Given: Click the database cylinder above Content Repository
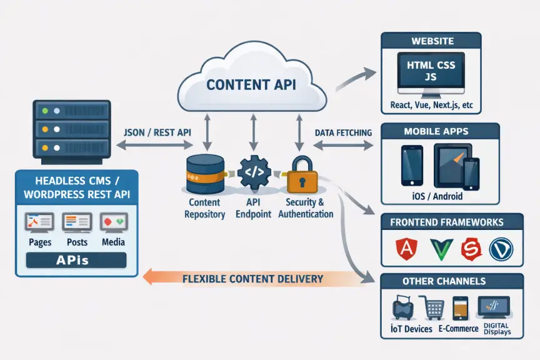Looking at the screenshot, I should click(x=204, y=174).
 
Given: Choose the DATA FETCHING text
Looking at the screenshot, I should click(x=343, y=132).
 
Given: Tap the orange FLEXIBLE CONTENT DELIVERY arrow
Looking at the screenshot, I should click(x=253, y=278).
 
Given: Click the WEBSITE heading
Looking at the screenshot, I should click(x=431, y=41).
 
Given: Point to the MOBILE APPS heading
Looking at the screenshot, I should click(x=440, y=131).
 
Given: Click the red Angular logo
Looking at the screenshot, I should click(x=404, y=249).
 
